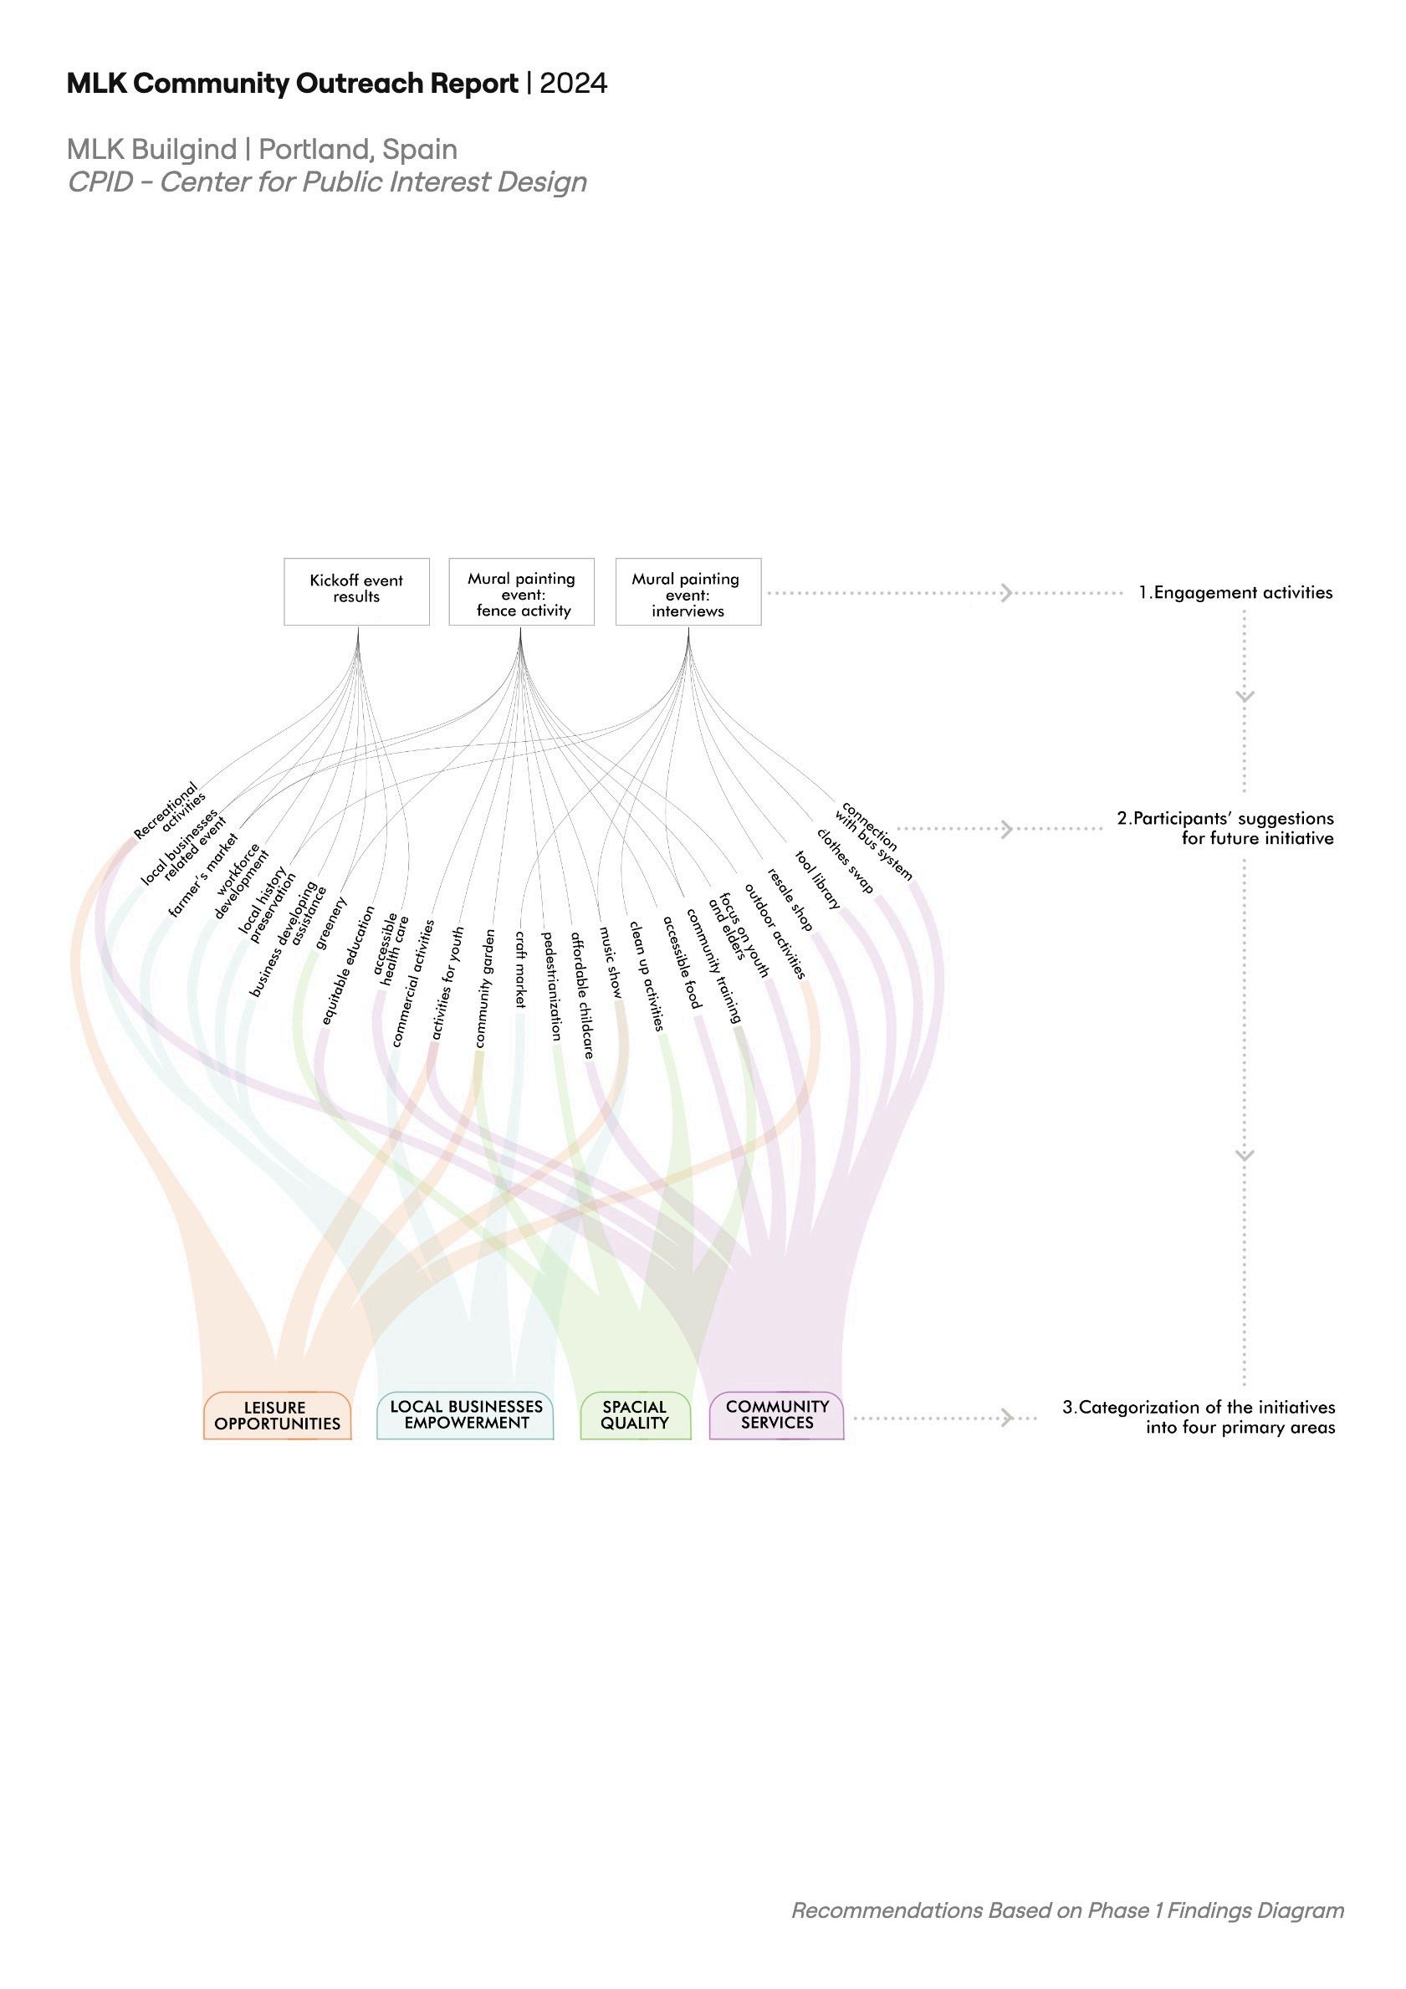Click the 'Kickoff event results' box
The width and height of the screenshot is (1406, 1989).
click(x=356, y=591)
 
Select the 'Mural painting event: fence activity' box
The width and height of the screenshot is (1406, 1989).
click(x=522, y=592)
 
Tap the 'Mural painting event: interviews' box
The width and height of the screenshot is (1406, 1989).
click(x=688, y=592)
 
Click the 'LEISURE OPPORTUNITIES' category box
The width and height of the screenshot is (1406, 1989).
click(x=277, y=1415)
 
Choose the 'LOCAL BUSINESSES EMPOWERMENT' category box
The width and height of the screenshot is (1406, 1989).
click(x=465, y=1414)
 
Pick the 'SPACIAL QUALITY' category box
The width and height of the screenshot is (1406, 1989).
click(x=635, y=1414)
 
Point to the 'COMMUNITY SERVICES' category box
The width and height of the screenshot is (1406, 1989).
click(x=776, y=1414)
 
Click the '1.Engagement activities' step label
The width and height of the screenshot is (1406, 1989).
click(x=1235, y=593)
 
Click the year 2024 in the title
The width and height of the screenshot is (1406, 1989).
click(x=574, y=84)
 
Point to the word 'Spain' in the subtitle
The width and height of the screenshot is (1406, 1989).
click(x=420, y=150)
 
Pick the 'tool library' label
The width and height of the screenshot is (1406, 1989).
click(x=818, y=881)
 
